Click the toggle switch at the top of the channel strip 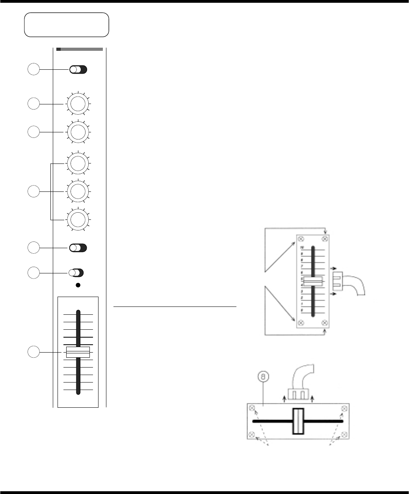(78, 70)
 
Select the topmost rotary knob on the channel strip (78, 104)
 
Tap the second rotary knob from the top (78, 132)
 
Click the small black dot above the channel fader (78, 285)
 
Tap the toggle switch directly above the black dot (76, 273)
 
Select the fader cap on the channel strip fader (78, 352)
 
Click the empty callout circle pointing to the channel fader (34, 352)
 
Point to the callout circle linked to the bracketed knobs (34, 192)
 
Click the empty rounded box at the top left (67, 24)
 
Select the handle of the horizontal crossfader (298, 421)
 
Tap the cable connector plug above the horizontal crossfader (298, 394)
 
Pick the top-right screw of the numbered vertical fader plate (325, 239)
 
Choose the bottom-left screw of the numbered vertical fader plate (301, 323)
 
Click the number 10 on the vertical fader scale (303, 247)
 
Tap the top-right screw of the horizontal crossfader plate (344, 408)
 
